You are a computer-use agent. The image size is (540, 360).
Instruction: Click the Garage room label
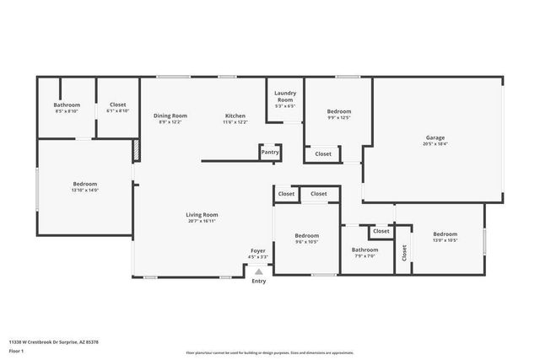pyautogui.click(x=435, y=137)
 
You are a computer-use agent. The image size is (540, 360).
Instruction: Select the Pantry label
pyautogui.click(x=270, y=153)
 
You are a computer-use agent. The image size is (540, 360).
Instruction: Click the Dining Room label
pyautogui.click(x=170, y=116)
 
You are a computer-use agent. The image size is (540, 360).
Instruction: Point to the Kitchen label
pyautogui.click(x=235, y=116)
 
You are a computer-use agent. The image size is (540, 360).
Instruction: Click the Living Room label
pyautogui.click(x=202, y=214)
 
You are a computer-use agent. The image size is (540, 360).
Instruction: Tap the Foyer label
pyautogui.click(x=257, y=250)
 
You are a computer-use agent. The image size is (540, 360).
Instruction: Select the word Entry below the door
pyautogui.click(x=259, y=281)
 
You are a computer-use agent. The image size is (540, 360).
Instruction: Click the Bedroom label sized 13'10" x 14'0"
pyautogui.click(x=84, y=184)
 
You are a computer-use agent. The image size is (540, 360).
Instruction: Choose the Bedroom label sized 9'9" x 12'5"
pyautogui.click(x=339, y=111)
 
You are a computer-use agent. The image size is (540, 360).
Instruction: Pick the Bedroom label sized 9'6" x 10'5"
pyautogui.click(x=306, y=235)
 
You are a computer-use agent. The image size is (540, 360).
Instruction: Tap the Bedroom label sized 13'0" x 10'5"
pyautogui.click(x=445, y=234)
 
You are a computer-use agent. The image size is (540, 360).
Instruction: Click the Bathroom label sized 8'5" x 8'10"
pyautogui.click(x=67, y=105)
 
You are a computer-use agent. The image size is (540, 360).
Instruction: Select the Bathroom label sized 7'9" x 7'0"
pyautogui.click(x=365, y=250)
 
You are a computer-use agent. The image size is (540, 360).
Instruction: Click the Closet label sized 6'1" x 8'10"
pyautogui.click(x=118, y=105)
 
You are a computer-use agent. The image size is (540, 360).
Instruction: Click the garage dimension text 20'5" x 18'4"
pyautogui.click(x=435, y=144)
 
